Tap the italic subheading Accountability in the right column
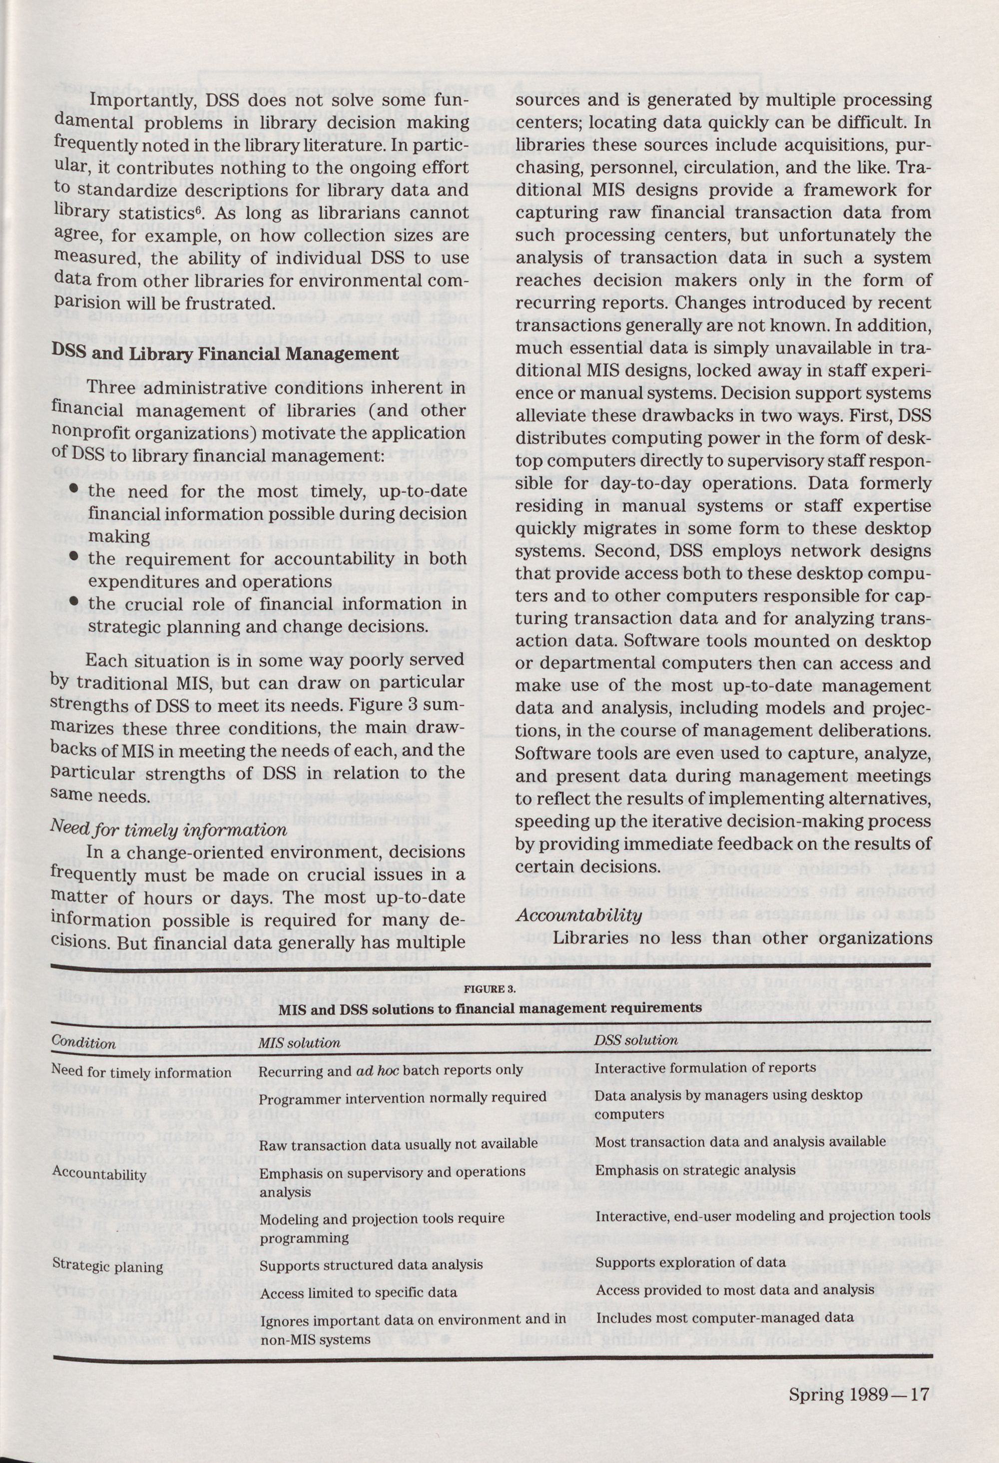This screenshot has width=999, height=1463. (579, 915)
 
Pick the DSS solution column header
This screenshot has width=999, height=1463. (636, 1040)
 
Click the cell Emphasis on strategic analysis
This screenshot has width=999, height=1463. (695, 1170)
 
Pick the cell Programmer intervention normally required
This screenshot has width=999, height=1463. (403, 1097)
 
